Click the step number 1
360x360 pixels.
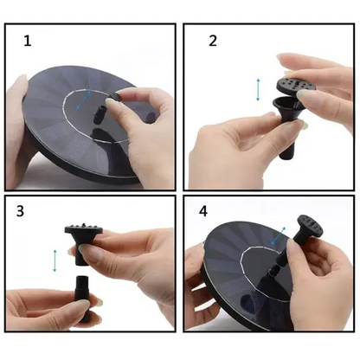click(28, 41)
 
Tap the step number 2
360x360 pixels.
click(213, 41)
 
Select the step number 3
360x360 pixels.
click(20, 211)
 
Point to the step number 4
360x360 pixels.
click(203, 211)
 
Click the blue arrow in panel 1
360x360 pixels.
click(84, 100)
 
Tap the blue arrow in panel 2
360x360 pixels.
click(258, 89)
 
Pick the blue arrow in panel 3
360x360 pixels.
click(55, 260)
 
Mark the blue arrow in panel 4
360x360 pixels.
click(278, 235)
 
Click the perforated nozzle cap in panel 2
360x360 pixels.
click(291, 86)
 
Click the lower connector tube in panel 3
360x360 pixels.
click(82, 299)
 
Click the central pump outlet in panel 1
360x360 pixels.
click(100, 114)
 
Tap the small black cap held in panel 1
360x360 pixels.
click(116, 97)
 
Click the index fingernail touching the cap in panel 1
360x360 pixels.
click(111, 102)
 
